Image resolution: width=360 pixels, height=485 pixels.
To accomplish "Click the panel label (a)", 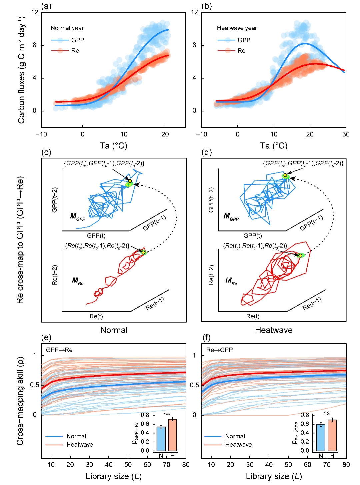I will (x=46, y=6).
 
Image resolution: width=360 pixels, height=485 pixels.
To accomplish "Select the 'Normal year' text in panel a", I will (x=67, y=28).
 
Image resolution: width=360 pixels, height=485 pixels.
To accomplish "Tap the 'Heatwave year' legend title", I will (x=237, y=28).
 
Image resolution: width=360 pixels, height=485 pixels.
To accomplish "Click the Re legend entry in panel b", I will (x=241, y=51).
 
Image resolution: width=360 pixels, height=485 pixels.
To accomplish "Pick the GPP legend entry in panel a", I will (x=77, y=40).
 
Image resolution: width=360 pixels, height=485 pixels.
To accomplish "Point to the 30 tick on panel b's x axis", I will (x=346, y=134).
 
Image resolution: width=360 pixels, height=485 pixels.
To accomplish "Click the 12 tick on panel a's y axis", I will (x=35, y=12).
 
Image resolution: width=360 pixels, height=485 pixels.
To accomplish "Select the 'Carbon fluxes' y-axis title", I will (x=22, y=70).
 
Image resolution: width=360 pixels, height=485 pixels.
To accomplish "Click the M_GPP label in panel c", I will (x=77, y=216).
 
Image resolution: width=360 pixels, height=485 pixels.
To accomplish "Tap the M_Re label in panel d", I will (x=231, y=281).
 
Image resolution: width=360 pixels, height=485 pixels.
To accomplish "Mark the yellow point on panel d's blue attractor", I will (x=285, y=175).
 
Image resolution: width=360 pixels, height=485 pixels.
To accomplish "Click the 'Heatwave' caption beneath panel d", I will (x=274, y=330).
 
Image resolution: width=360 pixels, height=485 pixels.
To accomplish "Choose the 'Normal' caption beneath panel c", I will (x=114, y=330).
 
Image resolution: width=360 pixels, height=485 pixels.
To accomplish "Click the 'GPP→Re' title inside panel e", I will (x=59, y=350).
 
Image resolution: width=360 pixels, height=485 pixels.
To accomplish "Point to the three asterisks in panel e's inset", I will (x=167, y=415).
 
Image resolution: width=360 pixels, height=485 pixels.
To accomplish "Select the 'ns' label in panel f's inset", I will (x=326, y=413).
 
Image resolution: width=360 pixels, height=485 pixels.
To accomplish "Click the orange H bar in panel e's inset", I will (x=172, y=435).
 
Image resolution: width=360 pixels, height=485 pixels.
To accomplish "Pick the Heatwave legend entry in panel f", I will (x=238, y=445).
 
